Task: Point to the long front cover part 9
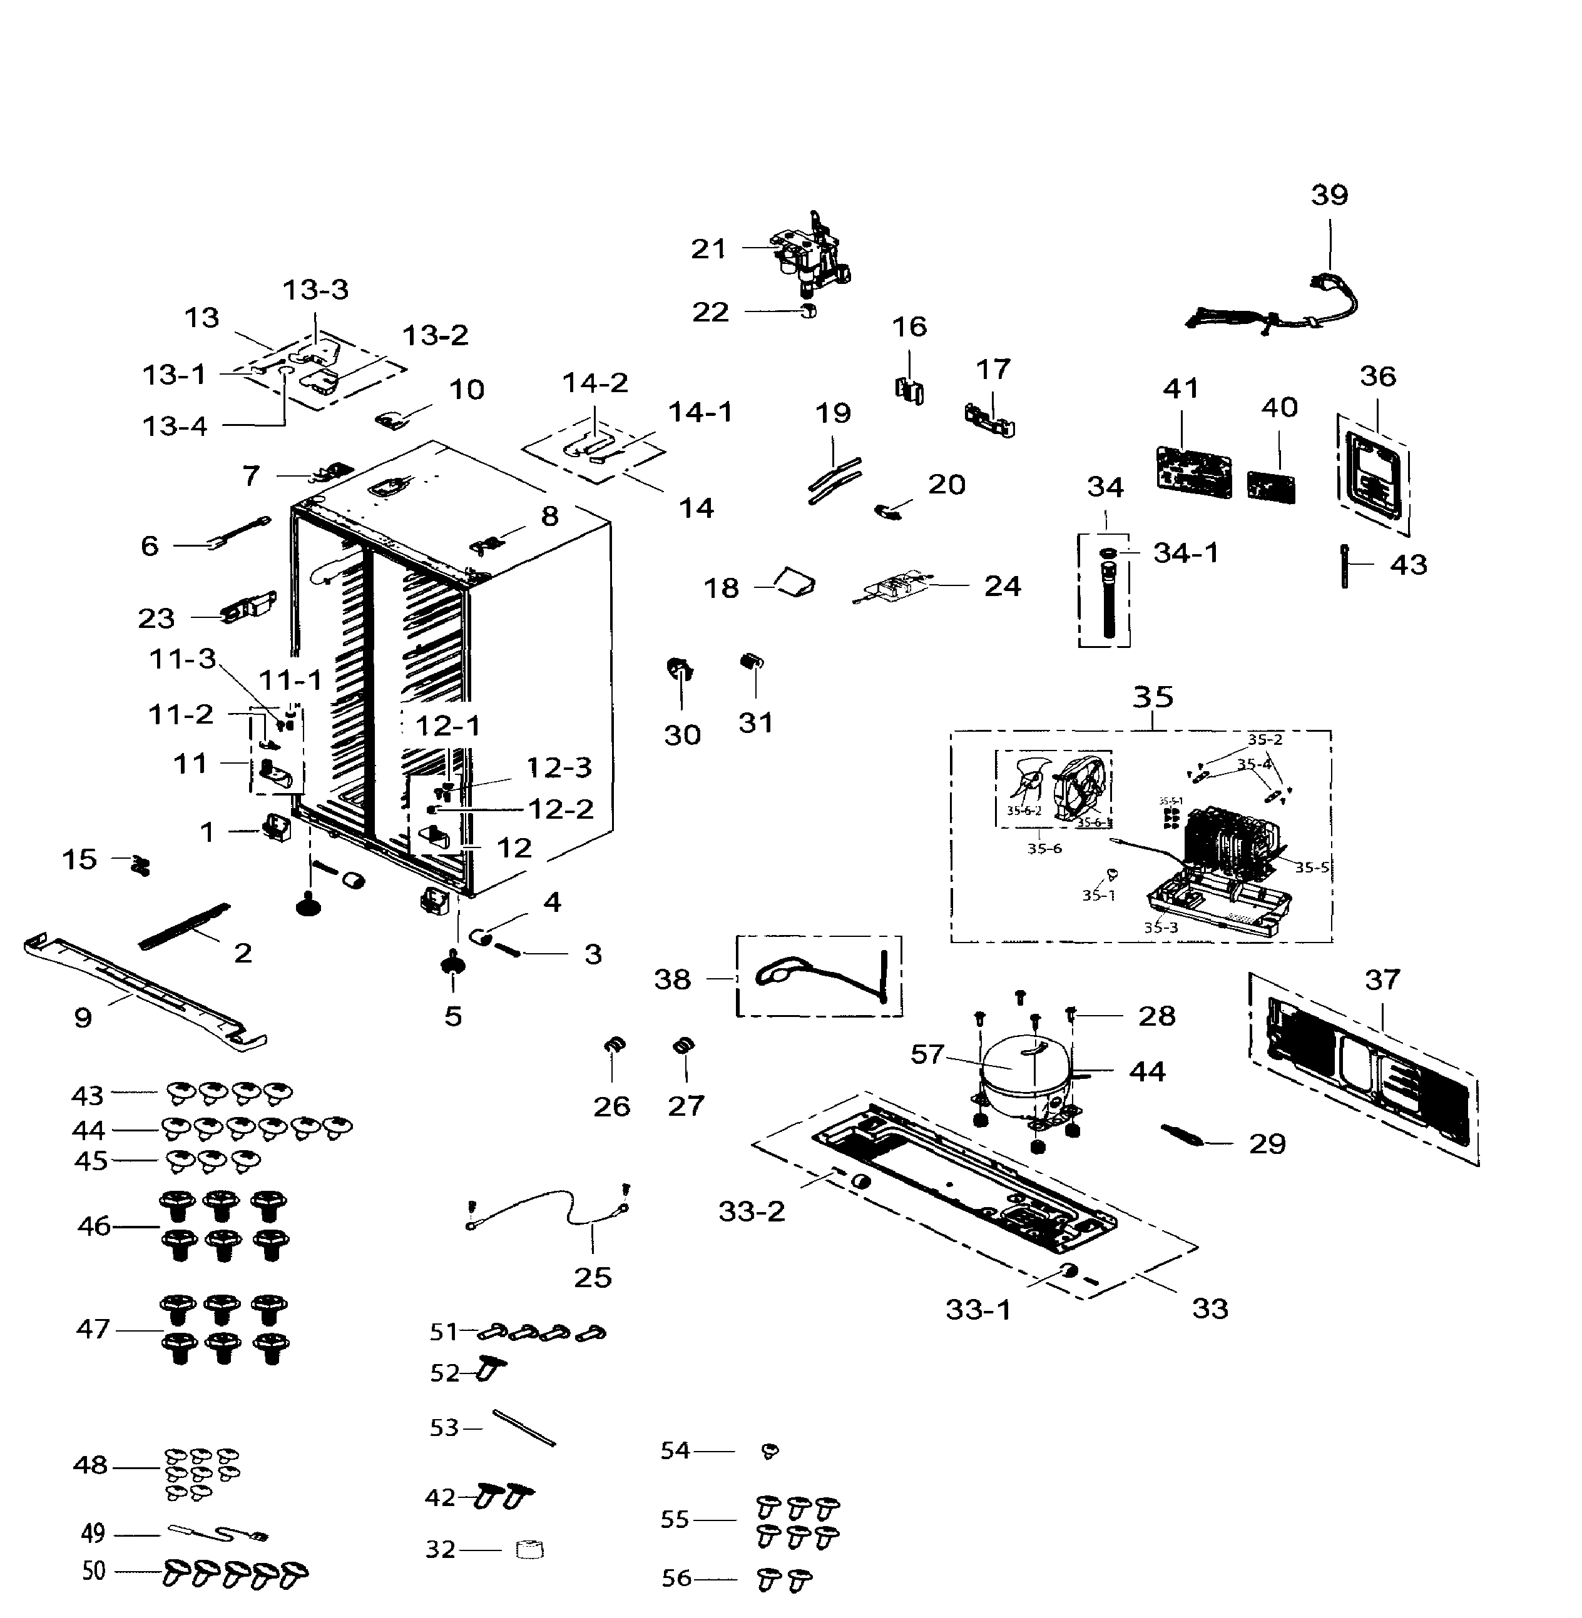click(145, 988)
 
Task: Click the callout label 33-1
click(978, 1310)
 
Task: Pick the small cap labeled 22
click(808, 311)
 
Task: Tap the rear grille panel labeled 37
click(1362, 1071)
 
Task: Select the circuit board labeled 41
click(1193, 472)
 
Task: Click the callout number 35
click(1153, 696)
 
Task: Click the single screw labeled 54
click(769, 1451)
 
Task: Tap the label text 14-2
click(595, 383)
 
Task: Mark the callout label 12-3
click(559, 767)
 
